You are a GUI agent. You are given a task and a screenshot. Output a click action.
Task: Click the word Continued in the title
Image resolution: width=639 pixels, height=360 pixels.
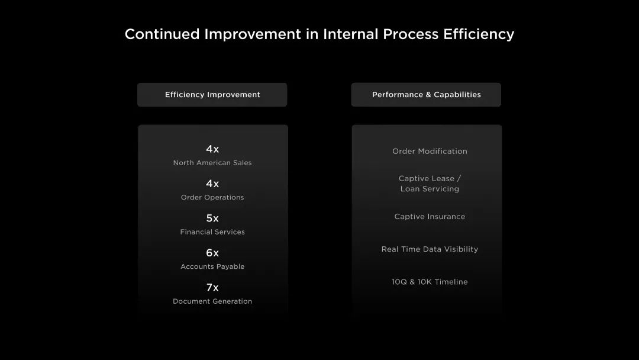tap(162, 34)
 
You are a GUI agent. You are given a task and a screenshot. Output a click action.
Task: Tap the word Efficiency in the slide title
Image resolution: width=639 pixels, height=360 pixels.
tap(479, 34)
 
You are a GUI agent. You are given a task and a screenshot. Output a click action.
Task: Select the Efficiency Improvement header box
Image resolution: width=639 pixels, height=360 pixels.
tap(212, 95)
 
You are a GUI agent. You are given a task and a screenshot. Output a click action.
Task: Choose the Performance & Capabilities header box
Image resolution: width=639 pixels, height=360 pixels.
tap(426, 95)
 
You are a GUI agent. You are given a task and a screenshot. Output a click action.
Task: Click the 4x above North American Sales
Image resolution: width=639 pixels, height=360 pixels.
tap(212, 149)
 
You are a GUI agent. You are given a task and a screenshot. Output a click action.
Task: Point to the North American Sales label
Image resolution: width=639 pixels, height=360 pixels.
tap(212, 163)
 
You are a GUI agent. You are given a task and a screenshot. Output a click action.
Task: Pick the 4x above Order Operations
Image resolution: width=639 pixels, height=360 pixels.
tap(212, 184)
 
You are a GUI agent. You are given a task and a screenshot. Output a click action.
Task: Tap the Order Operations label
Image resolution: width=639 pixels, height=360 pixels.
tap(212, 197)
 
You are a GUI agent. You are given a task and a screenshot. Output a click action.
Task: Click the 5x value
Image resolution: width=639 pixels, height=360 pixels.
tap(212, 218)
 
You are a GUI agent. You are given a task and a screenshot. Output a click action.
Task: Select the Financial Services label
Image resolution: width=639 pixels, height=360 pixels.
tap(212, 232)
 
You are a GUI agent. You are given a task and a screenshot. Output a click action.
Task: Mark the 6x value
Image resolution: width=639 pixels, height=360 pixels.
tap(212, 253)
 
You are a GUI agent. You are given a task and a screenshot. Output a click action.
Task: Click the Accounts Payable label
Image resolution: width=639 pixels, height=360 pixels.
tap(212, 266)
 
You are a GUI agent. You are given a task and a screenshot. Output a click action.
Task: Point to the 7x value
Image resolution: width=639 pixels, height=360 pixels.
tap(212, 287)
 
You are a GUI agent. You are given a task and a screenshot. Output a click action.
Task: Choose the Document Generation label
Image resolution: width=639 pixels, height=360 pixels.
tap(212, 301)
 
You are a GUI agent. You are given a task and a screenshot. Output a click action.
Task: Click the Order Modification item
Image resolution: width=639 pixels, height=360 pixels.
tap(430, 151)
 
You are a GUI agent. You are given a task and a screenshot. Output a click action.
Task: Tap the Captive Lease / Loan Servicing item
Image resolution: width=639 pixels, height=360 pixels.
tap(430, 184)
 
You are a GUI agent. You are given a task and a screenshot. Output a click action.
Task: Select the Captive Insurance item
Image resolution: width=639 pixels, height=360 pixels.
tap(430, 217)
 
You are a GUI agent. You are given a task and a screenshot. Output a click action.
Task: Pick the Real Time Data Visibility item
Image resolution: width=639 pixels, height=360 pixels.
tap(430, 249)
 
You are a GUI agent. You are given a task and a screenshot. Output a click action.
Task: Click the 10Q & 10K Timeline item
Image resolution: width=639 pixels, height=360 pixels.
tap(430, 282)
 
